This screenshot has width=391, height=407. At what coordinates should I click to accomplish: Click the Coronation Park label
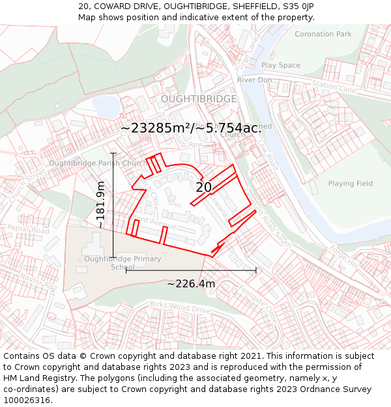pos(323,34)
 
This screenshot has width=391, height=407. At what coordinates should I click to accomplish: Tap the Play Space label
pos(281,65)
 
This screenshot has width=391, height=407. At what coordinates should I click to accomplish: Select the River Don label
pos(254,79)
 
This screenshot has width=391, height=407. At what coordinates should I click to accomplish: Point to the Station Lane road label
pos(335,86)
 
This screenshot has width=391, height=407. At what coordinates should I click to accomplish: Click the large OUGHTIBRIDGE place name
pos(199,99)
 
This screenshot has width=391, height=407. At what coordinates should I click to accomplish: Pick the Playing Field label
pos(350,184)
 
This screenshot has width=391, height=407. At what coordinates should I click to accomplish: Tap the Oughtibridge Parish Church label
pos(98,163)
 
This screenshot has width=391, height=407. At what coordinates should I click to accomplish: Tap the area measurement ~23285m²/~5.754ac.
pos(191,128)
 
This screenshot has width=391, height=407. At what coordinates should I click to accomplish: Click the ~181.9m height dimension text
pos(100,204)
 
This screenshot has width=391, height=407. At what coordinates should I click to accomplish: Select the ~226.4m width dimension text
pos(191,284)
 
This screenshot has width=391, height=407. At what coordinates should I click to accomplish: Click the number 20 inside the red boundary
pos(203,188)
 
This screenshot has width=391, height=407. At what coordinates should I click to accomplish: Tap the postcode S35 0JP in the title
pos(298,6)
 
